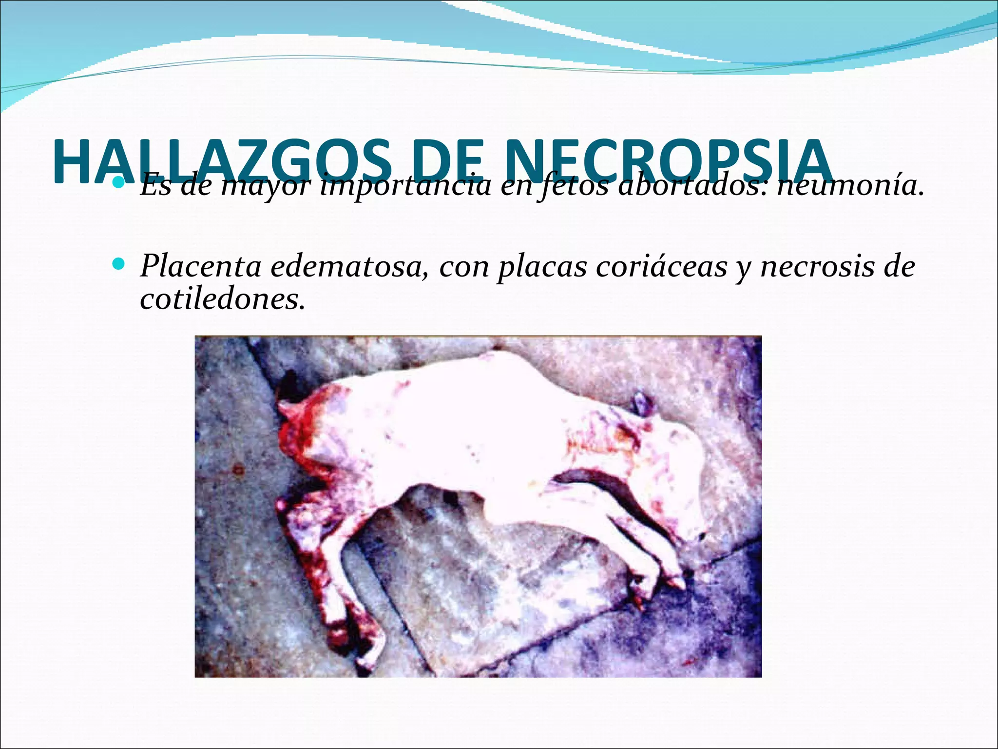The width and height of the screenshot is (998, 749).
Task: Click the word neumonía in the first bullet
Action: tap(850, 187)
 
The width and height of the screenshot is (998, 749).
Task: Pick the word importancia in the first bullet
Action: tap(405, 187)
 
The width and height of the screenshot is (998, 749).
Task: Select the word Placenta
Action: tap(200, 267)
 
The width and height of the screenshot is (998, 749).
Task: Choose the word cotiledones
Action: tap(222, 298)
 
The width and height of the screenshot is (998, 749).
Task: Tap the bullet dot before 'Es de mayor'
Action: tap(118, 184)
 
